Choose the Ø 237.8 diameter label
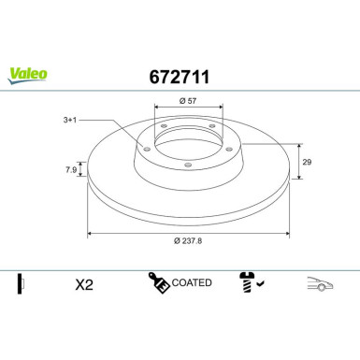[187, 241]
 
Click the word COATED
[193, 281]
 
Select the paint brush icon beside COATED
[158, 281]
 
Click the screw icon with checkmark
[250, 281]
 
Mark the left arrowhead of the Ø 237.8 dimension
[90, 232]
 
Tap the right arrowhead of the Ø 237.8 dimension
[286, 232]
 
